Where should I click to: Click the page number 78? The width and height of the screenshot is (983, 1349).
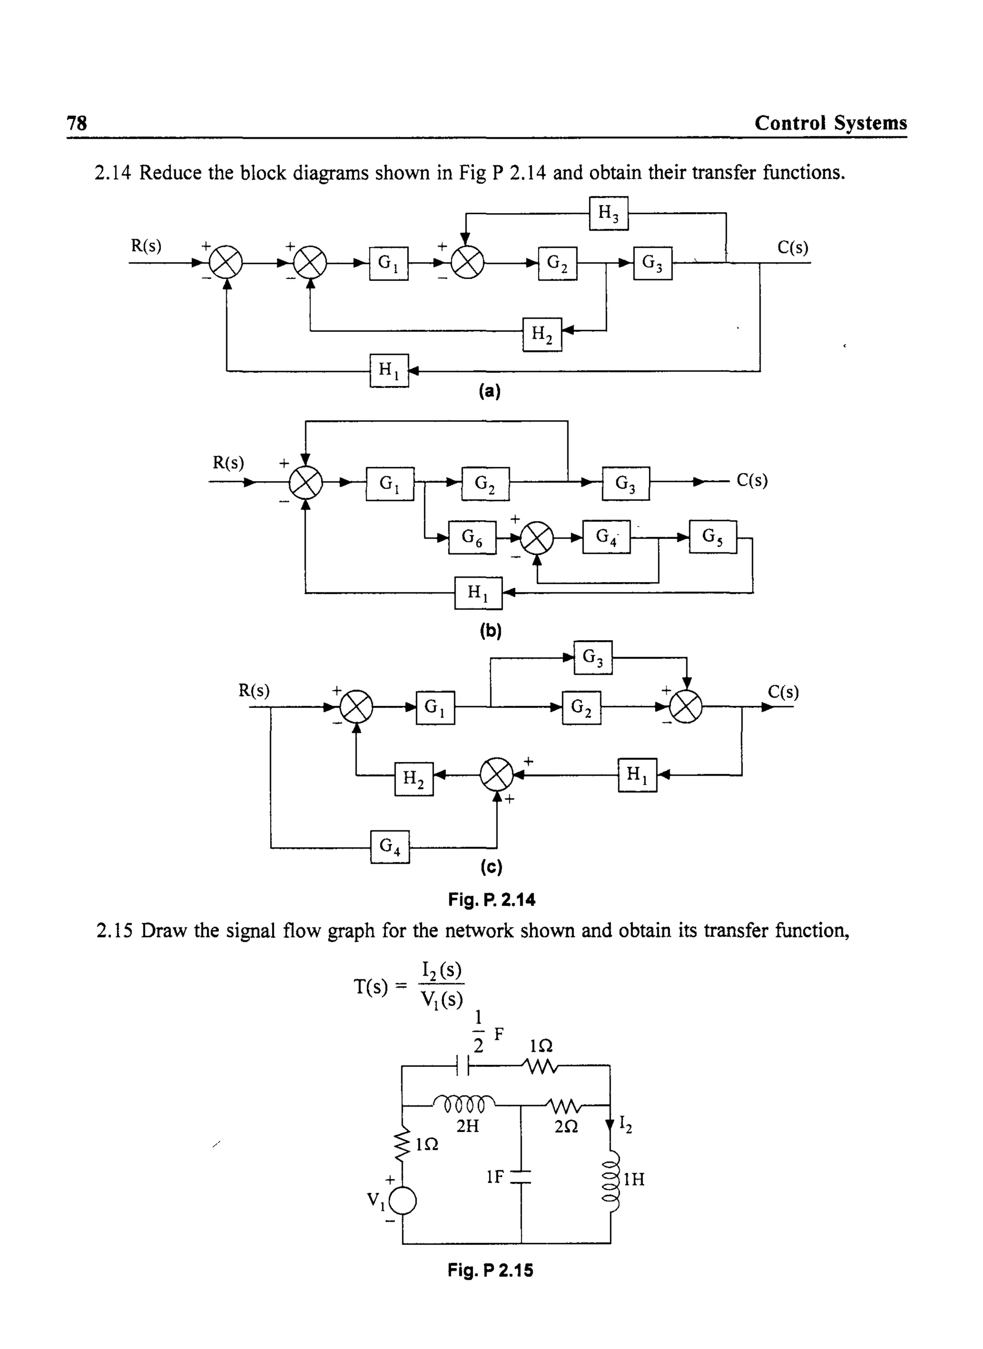click(77, 123)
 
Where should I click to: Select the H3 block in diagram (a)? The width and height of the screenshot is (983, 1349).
click(608, 213)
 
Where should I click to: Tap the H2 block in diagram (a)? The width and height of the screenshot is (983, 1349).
click(541, 335)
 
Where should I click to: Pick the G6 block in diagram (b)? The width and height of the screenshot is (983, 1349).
click(472, 537)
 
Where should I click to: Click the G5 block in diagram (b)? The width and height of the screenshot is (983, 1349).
click(712, 537)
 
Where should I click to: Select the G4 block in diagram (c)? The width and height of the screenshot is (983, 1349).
click(390, 847)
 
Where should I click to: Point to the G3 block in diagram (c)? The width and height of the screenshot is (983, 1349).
click(593, 657)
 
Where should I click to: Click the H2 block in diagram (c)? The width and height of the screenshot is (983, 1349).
click(414, 778)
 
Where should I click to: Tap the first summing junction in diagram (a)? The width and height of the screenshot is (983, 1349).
click(226, 263)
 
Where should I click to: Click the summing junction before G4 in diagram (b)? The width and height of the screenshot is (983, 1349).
click(537, 537)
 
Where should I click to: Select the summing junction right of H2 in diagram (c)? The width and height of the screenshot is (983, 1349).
click(496, 775)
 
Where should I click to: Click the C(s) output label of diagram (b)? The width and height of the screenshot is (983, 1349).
click(752, 480)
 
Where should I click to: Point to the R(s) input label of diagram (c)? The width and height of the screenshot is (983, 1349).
click(254, 691)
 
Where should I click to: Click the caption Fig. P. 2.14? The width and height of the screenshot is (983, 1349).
click(491, 899)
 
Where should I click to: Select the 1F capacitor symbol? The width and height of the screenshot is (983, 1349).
click(521, 1177)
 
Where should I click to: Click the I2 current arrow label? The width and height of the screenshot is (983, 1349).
click(625, 1123)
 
